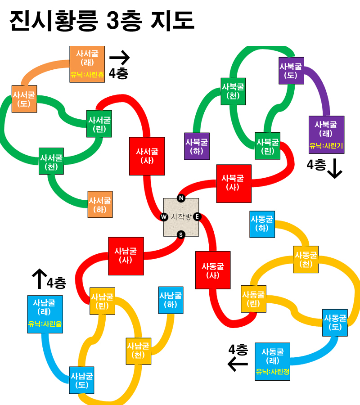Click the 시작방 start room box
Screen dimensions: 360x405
tap(181, 217)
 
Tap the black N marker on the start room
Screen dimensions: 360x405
tap(181, 198)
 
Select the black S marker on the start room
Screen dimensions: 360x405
tap(181, 235)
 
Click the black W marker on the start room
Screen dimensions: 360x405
tap(164, 217)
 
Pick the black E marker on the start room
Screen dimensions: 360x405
tap(197, 216)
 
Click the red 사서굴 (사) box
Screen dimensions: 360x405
tap(147, 156)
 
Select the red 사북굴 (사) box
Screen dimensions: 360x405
tap(234, 184)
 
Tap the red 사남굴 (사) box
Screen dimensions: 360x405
tap(126, 256)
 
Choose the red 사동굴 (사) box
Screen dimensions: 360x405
tap(213, 270)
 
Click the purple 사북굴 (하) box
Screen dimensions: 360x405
tap(197, 146)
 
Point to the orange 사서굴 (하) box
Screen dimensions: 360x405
tap(100, 204)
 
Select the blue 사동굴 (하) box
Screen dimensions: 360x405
tap(262, 224)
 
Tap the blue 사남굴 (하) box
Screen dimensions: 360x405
tap(171, 300)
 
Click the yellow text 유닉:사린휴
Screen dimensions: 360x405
tap(87, 75)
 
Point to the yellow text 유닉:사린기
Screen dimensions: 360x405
tap(326, 146)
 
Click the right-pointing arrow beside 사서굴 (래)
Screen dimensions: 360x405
tap(119, 57)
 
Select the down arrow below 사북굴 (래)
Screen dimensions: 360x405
tap(335, 169)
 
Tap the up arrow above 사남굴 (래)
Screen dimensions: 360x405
tap(40, 279)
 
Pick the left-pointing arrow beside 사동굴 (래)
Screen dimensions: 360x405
tap(238, 364)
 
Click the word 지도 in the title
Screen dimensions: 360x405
tap(172, 21)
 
